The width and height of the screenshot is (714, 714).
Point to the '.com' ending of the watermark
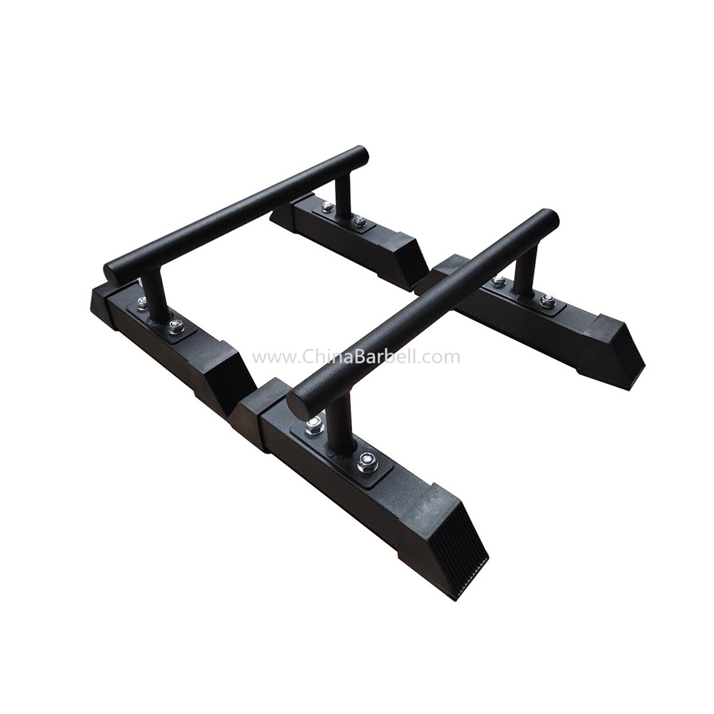point(438,358)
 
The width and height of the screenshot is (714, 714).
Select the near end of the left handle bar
point(112,273)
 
